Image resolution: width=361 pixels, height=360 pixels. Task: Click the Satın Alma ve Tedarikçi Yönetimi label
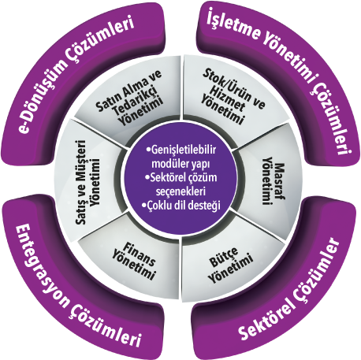coord(128,98)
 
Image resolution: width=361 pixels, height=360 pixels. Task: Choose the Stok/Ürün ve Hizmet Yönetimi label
coord(232,96)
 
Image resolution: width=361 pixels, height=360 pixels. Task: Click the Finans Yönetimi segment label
coord(135,261)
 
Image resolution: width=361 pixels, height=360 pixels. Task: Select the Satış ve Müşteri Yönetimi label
coord(88,182)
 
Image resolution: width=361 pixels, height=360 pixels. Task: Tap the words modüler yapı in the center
coord(180,164)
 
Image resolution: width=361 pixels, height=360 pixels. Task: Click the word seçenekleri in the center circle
coord(180,191)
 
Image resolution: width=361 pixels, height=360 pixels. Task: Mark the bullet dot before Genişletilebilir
coord(149,150)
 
